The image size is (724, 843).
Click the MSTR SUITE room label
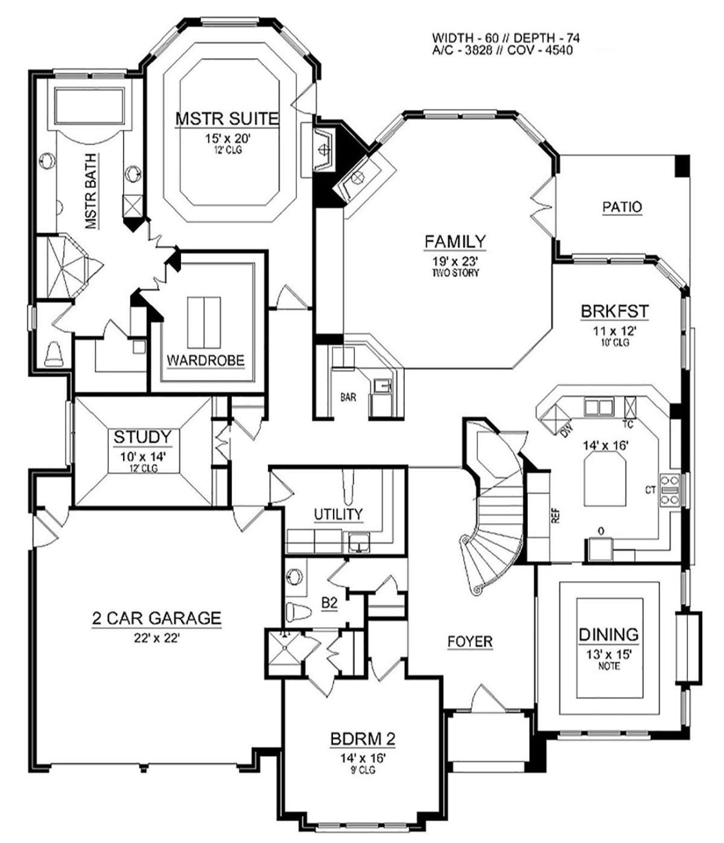click(227, 118)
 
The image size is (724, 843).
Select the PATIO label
click(622, 207)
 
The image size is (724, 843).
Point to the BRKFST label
click(614, 311)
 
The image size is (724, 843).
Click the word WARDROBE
click(206, 360)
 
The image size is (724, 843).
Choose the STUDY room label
click(142, 437)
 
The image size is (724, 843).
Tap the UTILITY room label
click(338, 514)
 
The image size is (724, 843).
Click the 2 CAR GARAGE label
click(157, 618)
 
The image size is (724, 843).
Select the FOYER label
click(470, 641)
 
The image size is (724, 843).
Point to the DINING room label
click(609, 635)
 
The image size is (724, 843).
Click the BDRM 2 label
click(363, 739)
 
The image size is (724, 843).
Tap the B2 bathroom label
click(329, 603)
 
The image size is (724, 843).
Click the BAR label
click(348, 397)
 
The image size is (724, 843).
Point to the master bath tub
click(89, 106)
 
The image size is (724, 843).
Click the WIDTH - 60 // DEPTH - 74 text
click(506, 38)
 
